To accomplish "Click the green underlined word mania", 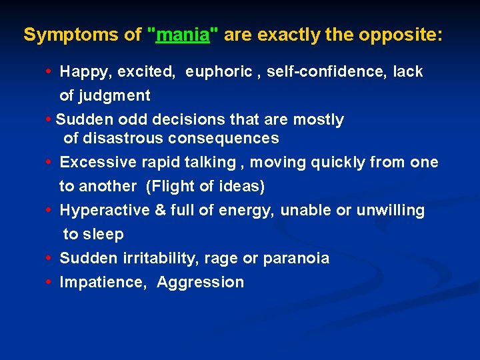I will tap(183, 35).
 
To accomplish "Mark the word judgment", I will tap(115, 96).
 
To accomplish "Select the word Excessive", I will tap(97, 163).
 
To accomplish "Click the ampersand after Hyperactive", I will tap(160, 211).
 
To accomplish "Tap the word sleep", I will tap(103, 235).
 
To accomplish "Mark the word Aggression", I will tap(201, 283).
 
